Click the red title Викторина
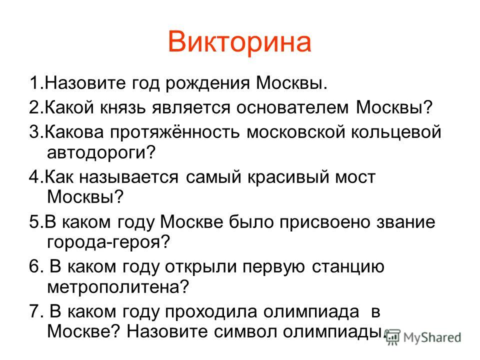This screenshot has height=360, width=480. coord(239,41)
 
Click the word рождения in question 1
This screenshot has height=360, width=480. coord(207,83)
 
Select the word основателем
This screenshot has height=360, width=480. coord(292,108)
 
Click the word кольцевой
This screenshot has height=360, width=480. coord(396,132)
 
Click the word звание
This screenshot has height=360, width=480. coord(405,222)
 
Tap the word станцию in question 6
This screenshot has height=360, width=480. coord(348,267)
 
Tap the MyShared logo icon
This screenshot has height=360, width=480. coord(393,337)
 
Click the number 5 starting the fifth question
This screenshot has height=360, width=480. coord(33,222)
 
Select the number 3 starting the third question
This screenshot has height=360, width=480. coord(33,132)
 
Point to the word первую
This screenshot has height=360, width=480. coord(274,267)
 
